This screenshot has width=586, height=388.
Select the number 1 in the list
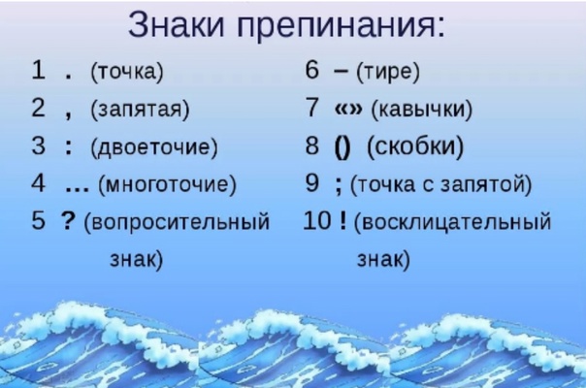pos(39,70)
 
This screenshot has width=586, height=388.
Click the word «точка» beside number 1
pos(127,72)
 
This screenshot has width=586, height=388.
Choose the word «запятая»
pos(140,110)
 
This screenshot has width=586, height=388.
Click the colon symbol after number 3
pos(68,146)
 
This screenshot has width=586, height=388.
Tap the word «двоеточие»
pos(153,146)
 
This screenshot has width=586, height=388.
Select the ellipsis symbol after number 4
pos(77,190)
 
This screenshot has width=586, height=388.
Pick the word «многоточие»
pos(167,184)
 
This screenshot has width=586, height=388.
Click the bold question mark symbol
pos(68,221)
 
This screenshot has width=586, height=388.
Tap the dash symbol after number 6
pos(341,72)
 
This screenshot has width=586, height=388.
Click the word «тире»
pos(387,72)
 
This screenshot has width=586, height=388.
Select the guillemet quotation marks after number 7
pos(348,109)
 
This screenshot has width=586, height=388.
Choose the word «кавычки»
pos(422,110)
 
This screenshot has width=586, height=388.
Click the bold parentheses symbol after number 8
pos(342,148)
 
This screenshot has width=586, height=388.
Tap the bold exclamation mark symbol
pos(343,220)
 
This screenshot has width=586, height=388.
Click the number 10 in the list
pos(317,220)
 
